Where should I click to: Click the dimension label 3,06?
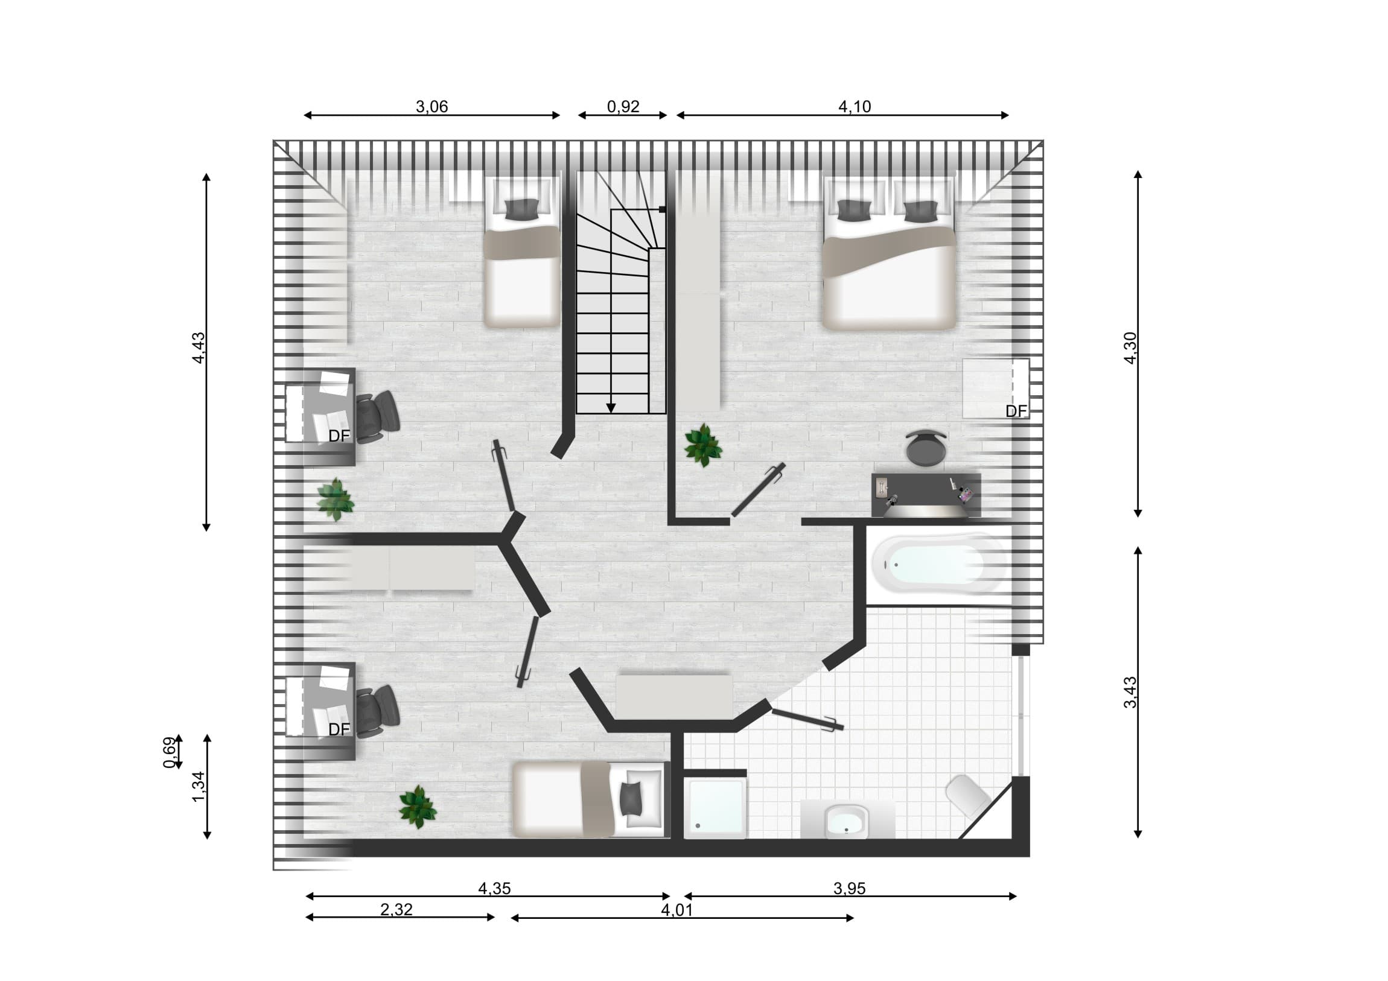point(431,107)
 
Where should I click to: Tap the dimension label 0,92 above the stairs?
point(623,107)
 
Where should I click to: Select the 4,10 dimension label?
point(855,107)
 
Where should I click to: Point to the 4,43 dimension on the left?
point(199,348)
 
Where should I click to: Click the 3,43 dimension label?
point(1130,692)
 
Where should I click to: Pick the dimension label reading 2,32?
point(396,910)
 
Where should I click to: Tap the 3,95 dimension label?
point(849,889)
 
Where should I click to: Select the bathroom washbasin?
point(847,821)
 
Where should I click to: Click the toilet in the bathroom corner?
point(968,796)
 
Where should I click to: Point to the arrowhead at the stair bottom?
point(611,408)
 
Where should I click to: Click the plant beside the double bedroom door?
point(703,445)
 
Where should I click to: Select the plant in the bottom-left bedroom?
point(418,807)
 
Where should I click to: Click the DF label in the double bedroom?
point(1016,411)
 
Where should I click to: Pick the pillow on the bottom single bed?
point(632,799)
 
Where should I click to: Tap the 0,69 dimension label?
point(170,752)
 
